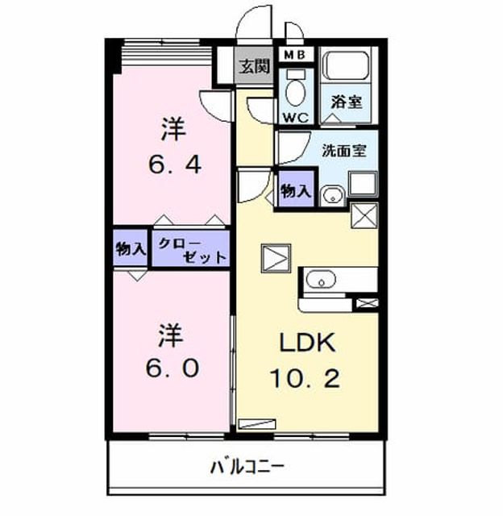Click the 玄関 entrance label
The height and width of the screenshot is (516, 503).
(254, 66)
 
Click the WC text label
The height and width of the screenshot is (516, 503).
(295, 118)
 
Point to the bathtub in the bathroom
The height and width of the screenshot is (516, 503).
(347, 65)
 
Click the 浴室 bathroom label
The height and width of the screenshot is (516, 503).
(347, 102)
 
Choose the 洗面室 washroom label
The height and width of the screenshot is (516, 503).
(343, 151)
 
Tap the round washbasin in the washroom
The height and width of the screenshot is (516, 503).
(333, 196)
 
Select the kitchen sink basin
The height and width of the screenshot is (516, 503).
(321, 280)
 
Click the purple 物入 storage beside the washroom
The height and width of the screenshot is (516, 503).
(296, 190)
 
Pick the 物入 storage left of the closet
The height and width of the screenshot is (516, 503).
(131, 249)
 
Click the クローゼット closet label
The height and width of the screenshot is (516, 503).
(192, 251)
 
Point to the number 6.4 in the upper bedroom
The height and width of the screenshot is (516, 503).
(175, 164)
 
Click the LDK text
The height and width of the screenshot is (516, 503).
(307, 343)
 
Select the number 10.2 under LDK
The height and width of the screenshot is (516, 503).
(305, 378)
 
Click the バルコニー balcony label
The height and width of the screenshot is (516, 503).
(247, 467)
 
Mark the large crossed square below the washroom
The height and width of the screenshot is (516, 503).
(364, 215)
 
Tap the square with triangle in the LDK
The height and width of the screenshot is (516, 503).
(276, 258)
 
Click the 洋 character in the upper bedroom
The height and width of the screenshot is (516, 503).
(173, 129)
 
